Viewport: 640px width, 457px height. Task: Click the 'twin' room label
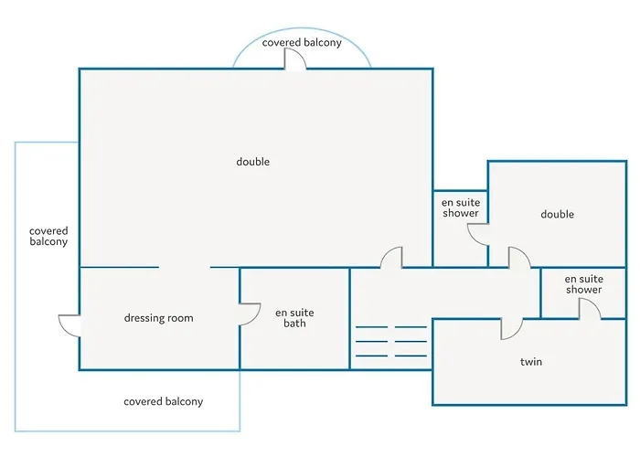pos(531,362)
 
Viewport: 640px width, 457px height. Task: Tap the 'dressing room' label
pos(159,318)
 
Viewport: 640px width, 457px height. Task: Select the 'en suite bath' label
pos(294,318)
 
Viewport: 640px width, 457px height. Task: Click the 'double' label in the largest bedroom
pos(253,162)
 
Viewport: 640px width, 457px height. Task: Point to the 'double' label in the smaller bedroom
pos(557,214)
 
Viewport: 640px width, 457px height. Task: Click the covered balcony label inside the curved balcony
pos(302,42)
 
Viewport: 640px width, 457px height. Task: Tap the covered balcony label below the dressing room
pos(164,401)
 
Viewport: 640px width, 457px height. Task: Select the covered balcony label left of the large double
pos(48,236)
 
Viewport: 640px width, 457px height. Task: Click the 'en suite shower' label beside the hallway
pos(583,284)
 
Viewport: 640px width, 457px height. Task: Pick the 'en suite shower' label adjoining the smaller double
pos(461,207)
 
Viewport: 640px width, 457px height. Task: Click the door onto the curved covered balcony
pos(294,59)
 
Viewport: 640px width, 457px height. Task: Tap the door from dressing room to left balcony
pos(69,325)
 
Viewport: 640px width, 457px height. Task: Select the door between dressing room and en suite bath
pos(250,314)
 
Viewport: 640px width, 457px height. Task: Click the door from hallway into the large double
pos(391,258)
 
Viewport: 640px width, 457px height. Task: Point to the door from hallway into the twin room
pos(512,329)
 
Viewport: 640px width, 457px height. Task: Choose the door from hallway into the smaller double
pos(519,258)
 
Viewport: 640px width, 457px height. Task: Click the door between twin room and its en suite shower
pos(590,309)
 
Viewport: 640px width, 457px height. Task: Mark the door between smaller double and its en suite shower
pos(478,235)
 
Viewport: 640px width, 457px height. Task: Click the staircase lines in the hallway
pos(391,342)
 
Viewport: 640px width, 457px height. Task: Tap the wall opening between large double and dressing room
pos(185,267)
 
